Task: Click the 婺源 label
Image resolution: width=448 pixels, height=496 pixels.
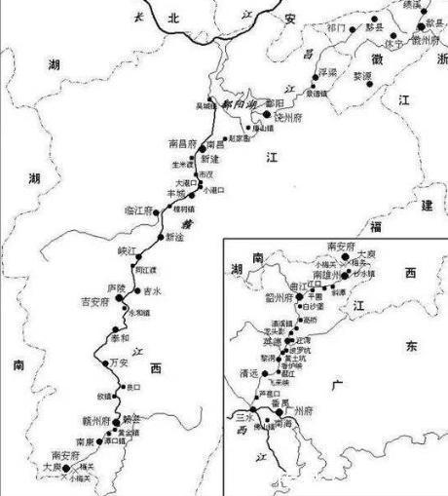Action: click(x=362, y=75)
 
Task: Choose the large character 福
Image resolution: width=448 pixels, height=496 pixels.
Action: click(x=402, y=226)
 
